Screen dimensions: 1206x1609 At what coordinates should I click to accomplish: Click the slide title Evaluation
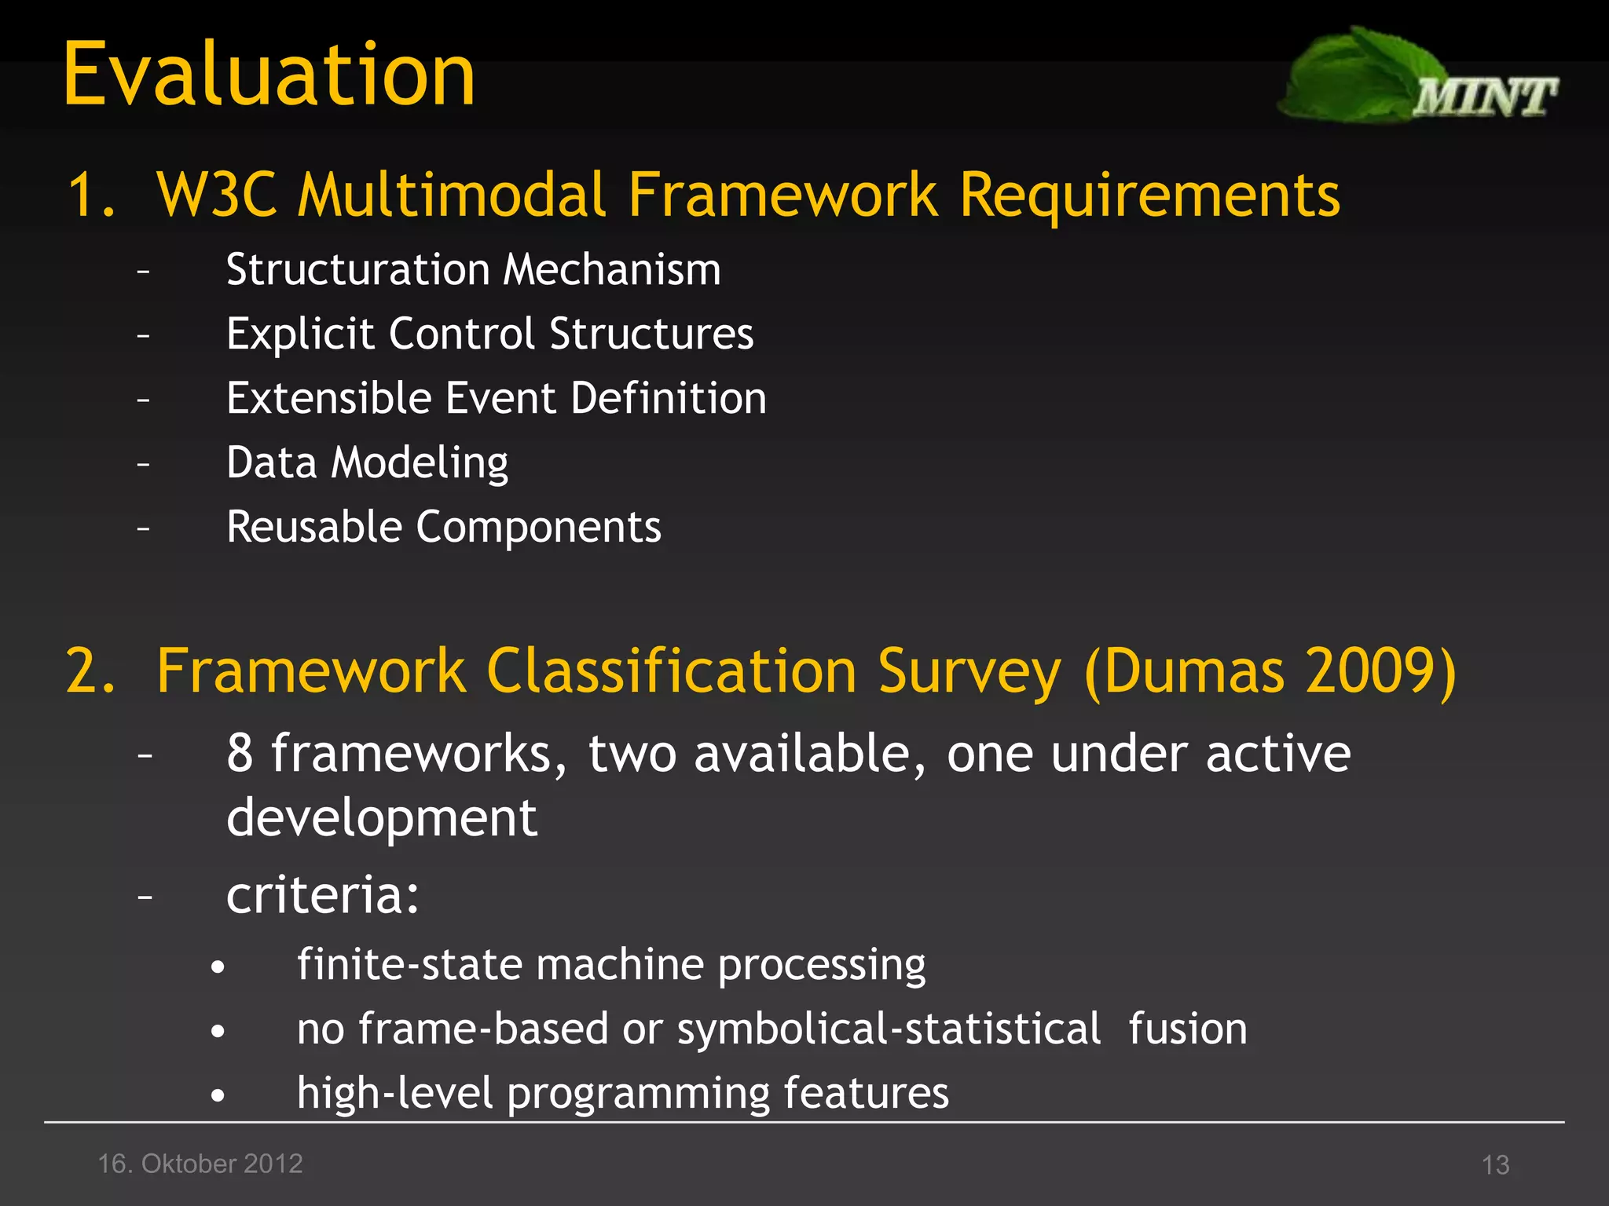(x=269, y=75)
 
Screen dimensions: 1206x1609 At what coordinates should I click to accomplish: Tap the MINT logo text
(x=1484, y=98)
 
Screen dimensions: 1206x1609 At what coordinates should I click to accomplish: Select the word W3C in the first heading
(x=217, y=195)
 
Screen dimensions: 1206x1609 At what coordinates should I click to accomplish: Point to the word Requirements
(x=1149, y=195)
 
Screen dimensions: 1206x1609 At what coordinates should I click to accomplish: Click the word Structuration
(x=357, y=270)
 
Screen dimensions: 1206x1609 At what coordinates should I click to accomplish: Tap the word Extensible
(x=328, y=398)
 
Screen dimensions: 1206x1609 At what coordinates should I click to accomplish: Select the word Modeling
(x=420, y=462)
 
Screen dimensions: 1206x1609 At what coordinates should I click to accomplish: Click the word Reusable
(x=313, y=527)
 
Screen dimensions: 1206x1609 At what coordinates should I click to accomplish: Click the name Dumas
(x=1195, y=672)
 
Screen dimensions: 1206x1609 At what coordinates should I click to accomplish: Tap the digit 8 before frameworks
(x=240, y=754)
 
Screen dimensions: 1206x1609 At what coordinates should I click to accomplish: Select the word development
(x=382, y=819)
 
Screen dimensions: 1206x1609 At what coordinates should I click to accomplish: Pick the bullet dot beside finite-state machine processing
(x=218, y=967)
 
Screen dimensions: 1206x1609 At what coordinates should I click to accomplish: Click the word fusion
(x=1187, y=1029)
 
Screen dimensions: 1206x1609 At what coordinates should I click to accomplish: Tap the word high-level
(x=395, y=1093)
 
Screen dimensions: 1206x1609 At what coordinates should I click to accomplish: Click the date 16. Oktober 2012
(x=200, y=1164)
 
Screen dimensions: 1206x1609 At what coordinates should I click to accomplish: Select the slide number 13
(x=1495, y=1164)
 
